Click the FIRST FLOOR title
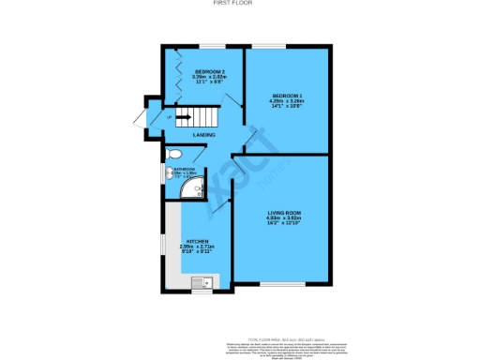(240, 4)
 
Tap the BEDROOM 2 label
(207, 71)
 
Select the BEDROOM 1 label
(287, 96)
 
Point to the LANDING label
(204, 136)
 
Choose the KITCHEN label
(196, 242)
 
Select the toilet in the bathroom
(173, 154)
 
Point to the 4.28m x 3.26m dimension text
(287, 101)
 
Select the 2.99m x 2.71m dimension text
(196, 247)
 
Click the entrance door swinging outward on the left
(141, 120)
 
